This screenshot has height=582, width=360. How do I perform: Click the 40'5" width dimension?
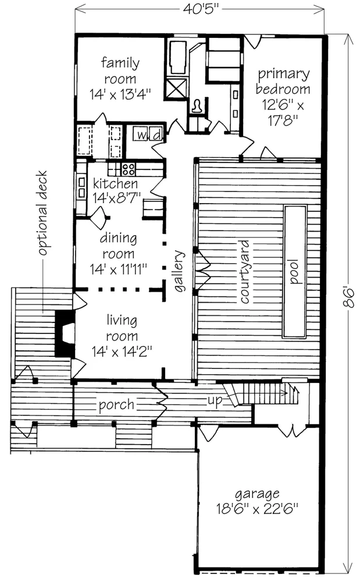click(x=199, y=9)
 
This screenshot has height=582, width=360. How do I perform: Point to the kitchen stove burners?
click(x=129, y=170)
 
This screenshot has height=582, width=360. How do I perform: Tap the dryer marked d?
click(x=155, y=135)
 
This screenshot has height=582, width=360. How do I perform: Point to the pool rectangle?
click(x=295, y=271)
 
